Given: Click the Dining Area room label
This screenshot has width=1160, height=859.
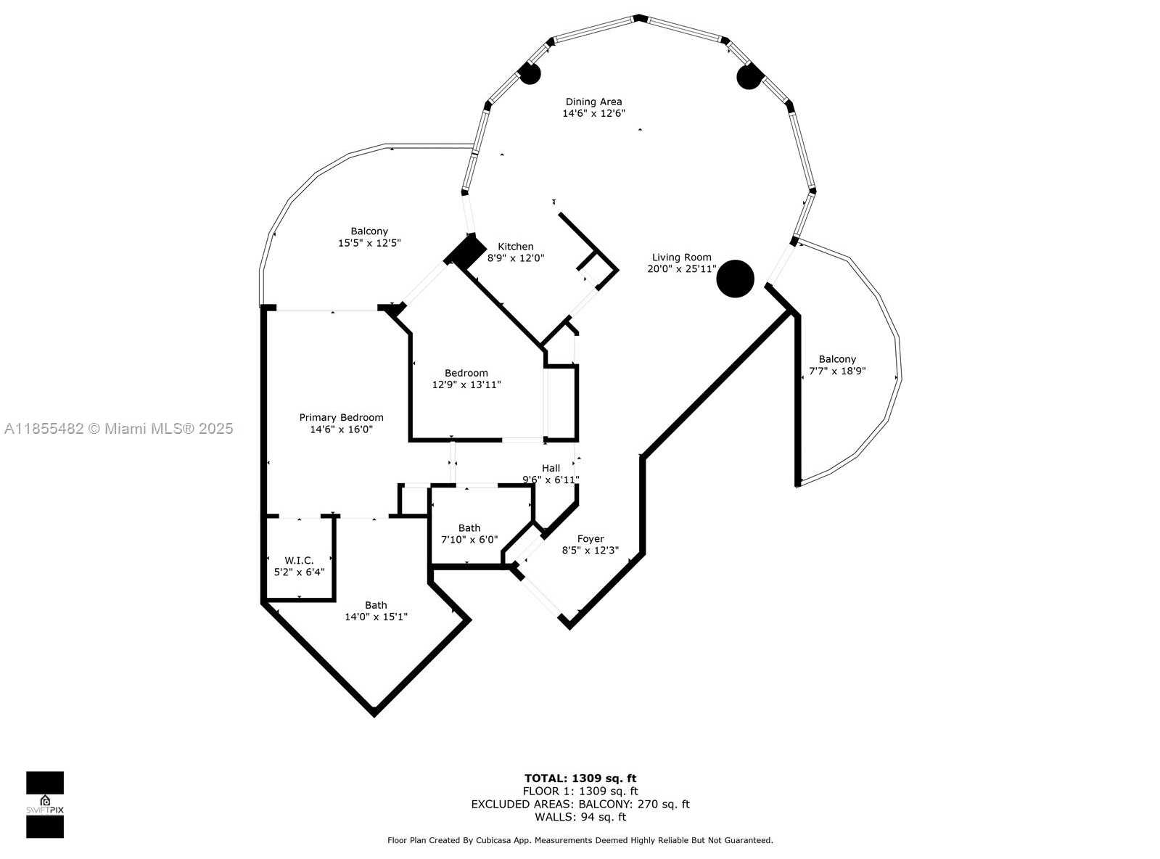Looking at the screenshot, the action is point(593,102).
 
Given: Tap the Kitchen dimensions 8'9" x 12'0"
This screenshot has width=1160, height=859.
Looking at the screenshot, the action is point(516,258).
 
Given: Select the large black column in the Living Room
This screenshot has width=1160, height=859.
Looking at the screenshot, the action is point(735,279).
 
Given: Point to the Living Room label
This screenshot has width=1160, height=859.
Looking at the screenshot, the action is point(681,258).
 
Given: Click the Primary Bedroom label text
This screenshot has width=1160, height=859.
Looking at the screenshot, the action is point(341,417).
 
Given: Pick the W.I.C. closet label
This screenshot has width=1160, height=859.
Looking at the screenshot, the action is point(299,560).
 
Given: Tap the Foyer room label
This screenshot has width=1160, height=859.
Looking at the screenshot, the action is point(591,539).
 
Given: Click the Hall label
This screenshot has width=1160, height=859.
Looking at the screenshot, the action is point(551,468).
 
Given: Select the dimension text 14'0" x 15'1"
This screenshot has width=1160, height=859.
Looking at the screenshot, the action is point(376,617).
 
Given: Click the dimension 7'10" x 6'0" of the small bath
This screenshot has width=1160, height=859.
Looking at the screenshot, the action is point(469,539).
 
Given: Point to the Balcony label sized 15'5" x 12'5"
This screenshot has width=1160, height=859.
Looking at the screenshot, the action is point(369,231).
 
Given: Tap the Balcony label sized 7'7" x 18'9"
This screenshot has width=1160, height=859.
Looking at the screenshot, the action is point(837,359).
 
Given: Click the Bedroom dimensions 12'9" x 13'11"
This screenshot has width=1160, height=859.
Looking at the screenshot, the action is point(466,385).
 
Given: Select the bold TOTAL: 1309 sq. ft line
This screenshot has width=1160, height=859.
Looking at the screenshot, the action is point(580,778).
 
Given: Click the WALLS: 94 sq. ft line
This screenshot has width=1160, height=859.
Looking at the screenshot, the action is point(580,817).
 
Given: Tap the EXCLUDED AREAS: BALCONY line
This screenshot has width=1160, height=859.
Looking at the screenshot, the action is point(580,804).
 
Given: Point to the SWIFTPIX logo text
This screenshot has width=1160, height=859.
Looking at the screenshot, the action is point(45,810).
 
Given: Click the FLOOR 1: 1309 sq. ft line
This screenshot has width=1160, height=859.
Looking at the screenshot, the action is point(580,792).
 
